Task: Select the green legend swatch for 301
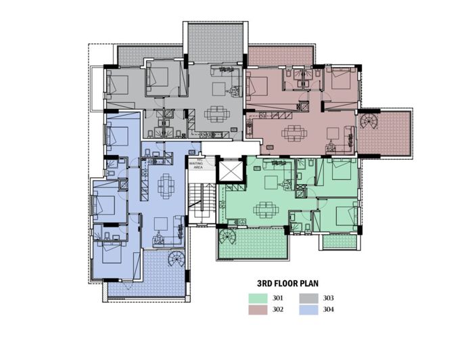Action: click(258, 298)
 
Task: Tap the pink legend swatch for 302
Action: click(258, 309)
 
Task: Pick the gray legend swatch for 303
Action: click(310, 298)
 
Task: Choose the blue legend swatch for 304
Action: click(310, 309)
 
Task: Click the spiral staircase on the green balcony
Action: click(227, 238)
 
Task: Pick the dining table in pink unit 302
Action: click(292, 133)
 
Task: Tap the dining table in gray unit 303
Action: click(216, 114)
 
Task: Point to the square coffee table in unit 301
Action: click(272, 181)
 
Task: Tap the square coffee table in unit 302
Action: click(333, 131)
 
